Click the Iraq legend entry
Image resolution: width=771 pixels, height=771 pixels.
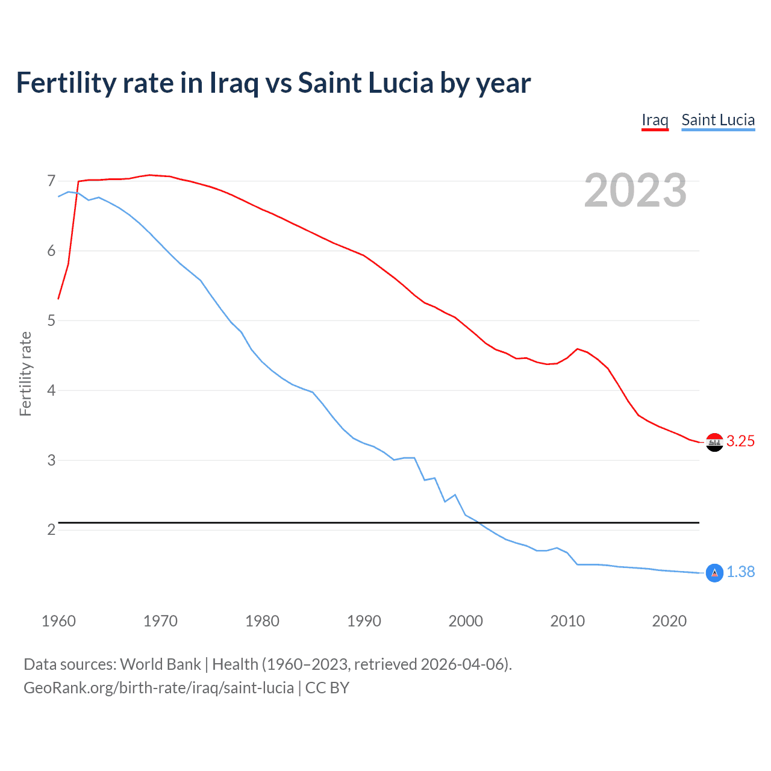[x=655, y=120]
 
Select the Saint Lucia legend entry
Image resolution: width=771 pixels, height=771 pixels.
[x=718, y=120]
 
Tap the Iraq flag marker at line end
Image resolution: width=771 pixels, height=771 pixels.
[x=714, y=442]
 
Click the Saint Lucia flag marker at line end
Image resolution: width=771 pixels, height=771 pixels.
[x=714, y=573]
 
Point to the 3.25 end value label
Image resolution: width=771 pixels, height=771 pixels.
[x=740, y=442]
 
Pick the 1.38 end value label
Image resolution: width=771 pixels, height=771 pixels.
[x=740, y=572]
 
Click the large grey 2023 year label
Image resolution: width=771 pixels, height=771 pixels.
[x=635, y=190]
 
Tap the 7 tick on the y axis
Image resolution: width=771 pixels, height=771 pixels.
[x=51, y=181]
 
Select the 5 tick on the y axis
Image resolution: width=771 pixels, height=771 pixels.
[x=51, y=320]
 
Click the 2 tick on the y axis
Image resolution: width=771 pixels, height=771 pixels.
[x=51, y=530]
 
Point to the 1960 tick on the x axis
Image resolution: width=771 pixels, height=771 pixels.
[x=58, y=621]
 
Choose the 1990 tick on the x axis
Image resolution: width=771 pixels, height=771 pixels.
[x=364, y=621]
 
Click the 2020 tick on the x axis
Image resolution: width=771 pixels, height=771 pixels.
[x=669, y=621]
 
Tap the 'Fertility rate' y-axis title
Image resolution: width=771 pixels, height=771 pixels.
[x=25, y=373]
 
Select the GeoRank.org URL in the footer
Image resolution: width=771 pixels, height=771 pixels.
[x=158, y=688]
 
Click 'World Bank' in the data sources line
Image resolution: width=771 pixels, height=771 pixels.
[x=160, y=664]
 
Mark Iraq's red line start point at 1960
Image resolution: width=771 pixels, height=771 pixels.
[x=58, y=299]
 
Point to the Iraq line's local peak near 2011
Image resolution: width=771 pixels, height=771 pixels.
[x=578, y=349]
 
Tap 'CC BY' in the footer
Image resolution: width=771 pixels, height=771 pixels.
[x=327, y=688]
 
